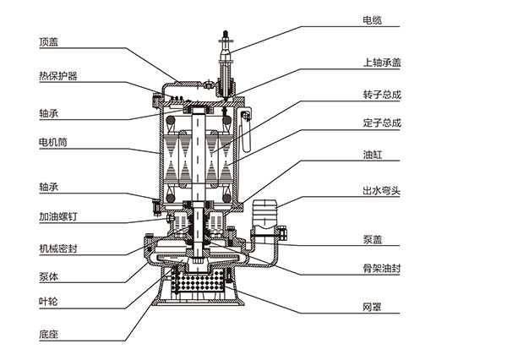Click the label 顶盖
point(49,40)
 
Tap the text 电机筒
point(52,141)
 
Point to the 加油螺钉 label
point(57,216)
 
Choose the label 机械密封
point(57,249)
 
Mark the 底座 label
point(48,333)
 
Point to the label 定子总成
point(381,122)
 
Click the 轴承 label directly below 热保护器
point(48,112)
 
